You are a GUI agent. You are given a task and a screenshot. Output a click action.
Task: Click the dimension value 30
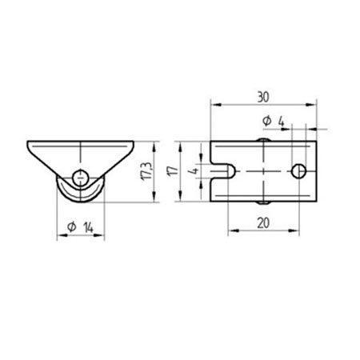264,95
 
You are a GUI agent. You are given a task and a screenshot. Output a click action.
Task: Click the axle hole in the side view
79,177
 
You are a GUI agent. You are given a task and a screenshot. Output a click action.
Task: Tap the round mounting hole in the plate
298,170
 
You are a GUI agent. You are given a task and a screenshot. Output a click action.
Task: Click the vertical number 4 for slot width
192,170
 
